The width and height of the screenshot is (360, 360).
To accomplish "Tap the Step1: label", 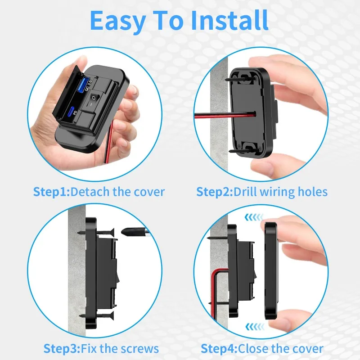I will click(51, 192).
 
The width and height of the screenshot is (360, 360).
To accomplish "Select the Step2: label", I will click(215, 192).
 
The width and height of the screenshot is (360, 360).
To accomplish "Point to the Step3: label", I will click(62, 348).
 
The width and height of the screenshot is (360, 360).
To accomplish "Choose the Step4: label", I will click(219, 348).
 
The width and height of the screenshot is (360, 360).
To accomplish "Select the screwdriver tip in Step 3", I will click(128, 233).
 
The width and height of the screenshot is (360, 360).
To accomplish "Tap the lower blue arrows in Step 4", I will click(252, 326).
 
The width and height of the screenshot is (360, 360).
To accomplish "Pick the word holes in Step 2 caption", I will click(312, 192).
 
